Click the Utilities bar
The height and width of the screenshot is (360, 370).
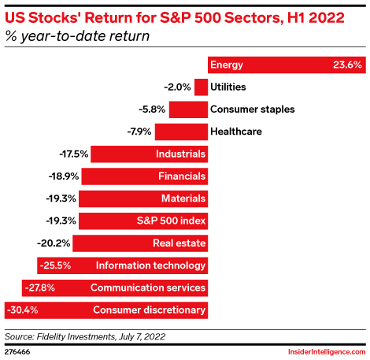(201, 87)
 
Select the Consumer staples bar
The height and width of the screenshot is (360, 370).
(188, 109)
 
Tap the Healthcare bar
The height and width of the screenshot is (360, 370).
(181, 132)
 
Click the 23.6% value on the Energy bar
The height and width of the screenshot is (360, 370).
(347, 65)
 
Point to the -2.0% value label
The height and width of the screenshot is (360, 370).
(177, 87)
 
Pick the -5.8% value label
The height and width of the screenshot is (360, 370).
(152, 109)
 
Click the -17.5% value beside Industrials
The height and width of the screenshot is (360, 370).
(74, 154)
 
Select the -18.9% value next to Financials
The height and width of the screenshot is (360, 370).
(64, 176)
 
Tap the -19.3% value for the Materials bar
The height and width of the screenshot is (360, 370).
(61, 199)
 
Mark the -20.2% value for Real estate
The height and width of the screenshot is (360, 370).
(54, 243)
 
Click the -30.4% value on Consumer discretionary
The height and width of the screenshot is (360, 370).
(23, 310)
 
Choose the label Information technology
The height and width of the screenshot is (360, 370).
(150, 265)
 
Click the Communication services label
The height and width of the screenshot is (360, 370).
(148, 288)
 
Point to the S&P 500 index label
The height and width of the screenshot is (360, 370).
(171, 221)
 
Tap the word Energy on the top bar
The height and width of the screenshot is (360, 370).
(227, 65)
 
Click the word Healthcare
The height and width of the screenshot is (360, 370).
(236, 132)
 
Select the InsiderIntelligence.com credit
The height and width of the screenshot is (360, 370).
(327, 352)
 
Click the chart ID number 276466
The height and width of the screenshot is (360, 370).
(17, 352)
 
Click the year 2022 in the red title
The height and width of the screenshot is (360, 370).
(327, 18)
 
